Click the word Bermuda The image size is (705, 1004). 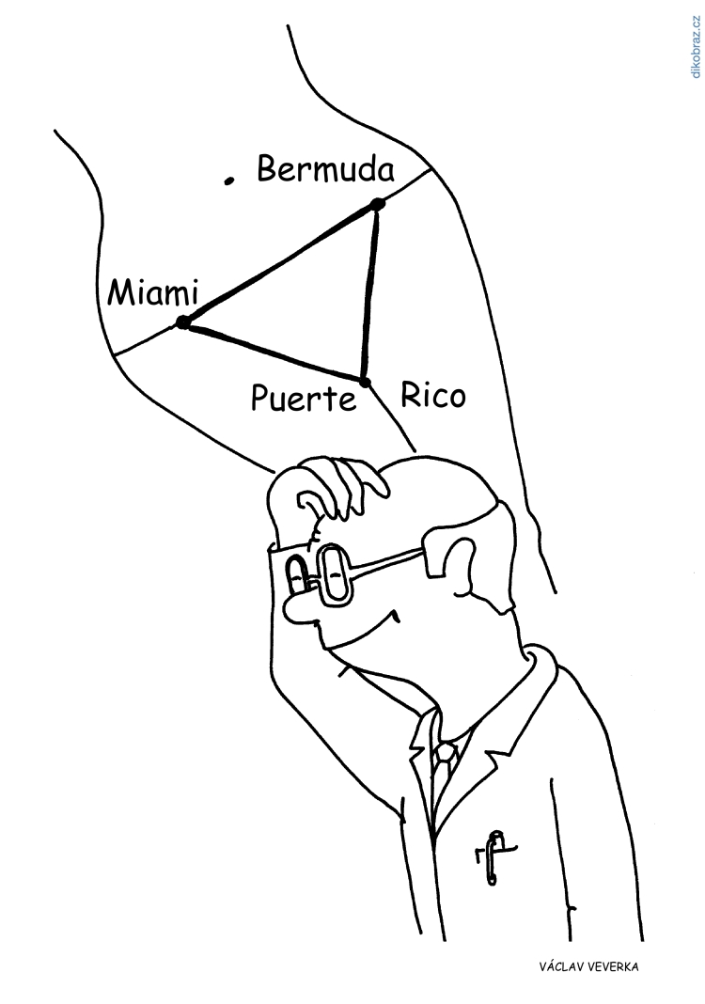point(325,169)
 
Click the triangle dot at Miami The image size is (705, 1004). point(183,322)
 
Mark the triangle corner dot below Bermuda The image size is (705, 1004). point(377,204)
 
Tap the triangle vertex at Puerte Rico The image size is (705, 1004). point(365,383)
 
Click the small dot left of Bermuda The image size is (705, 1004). point(227,181)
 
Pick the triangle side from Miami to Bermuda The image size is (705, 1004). point(280,263)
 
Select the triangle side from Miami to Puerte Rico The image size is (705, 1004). point(274,353)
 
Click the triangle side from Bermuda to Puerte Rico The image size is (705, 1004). point(370,293)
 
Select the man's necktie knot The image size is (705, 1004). point(445,756)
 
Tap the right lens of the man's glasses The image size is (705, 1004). point(335,574)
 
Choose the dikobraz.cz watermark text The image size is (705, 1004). point(697,47)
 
